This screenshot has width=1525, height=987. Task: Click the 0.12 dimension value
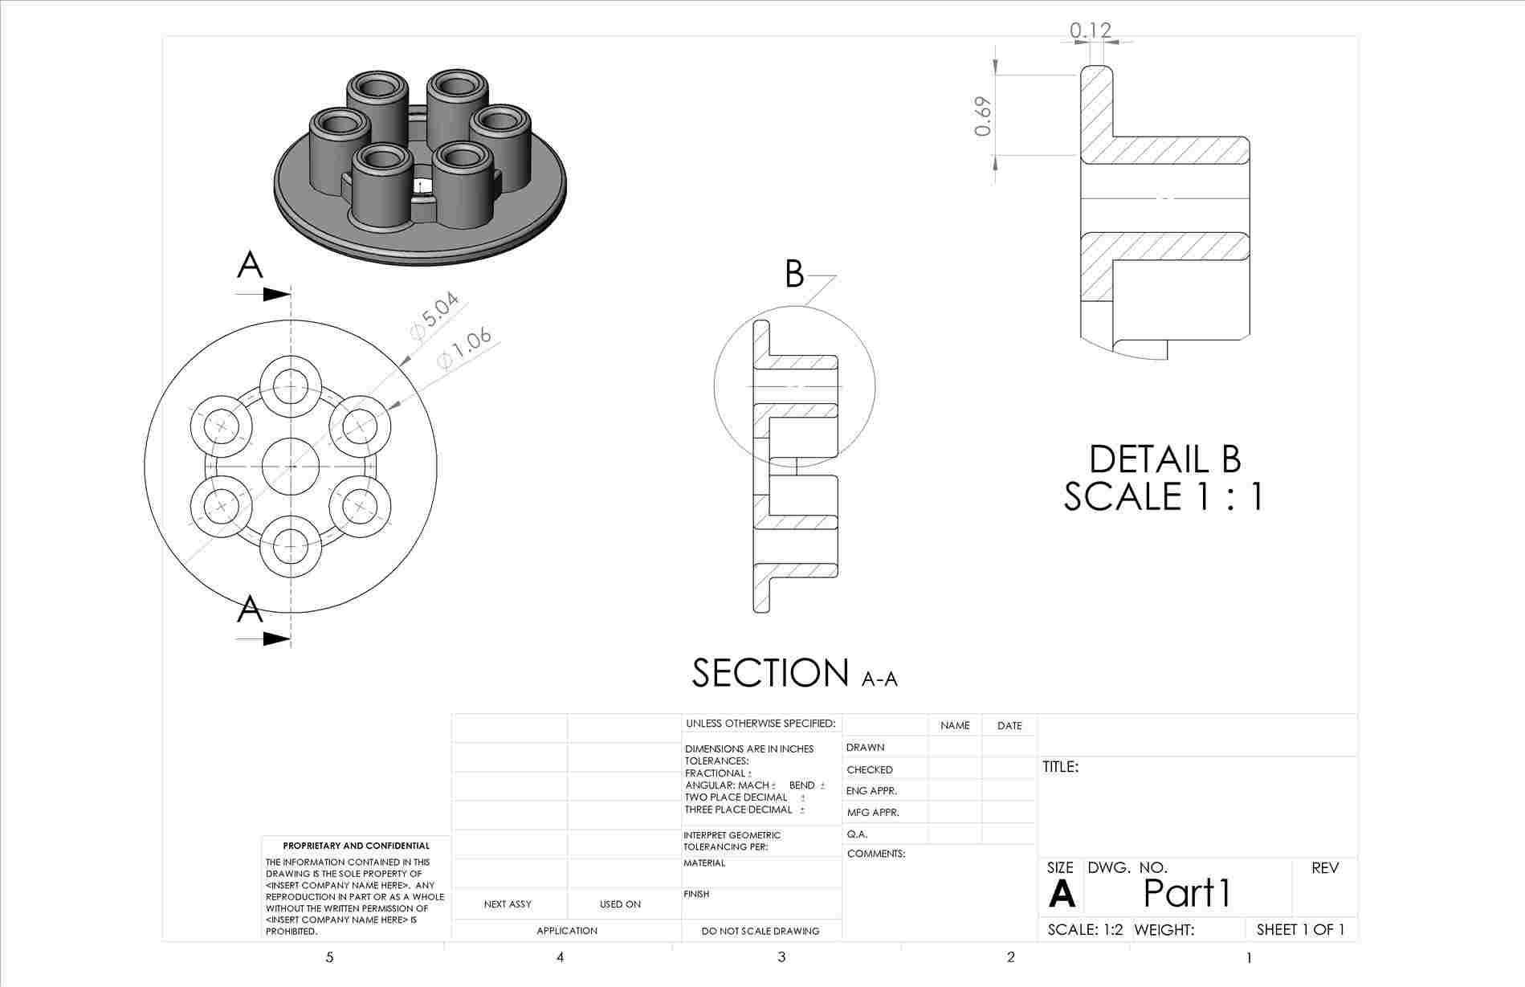click(1091, 31)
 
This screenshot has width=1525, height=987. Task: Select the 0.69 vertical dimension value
click(983, 117)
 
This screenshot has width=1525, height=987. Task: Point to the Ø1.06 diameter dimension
click(464, 349)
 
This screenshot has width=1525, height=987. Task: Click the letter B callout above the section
click(793, 275)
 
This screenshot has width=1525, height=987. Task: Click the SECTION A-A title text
click(793, 673)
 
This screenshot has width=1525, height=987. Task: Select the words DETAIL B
click(1164, 459)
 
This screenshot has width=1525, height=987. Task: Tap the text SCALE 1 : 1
click(1164, 496)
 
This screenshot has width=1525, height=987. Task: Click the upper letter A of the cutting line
click(250, 265)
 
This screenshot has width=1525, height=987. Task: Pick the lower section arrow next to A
click(275, 639)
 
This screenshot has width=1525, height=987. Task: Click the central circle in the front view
click(291, 466)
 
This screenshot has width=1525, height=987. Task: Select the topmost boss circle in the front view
click(291, 386)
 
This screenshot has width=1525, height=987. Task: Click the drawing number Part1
click(1186, 892)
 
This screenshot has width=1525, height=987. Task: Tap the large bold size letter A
click(1061, 894)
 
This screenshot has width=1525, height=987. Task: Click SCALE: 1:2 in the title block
click(1085, 930)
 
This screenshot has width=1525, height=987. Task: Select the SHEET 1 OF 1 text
click(1299, 930)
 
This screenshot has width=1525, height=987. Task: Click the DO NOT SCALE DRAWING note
click(760, 931)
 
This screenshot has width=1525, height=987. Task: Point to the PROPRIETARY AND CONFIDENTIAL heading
click(356, 846)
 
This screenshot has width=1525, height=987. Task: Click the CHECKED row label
click(869, 769)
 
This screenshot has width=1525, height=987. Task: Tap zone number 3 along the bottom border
click(781, 956)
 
